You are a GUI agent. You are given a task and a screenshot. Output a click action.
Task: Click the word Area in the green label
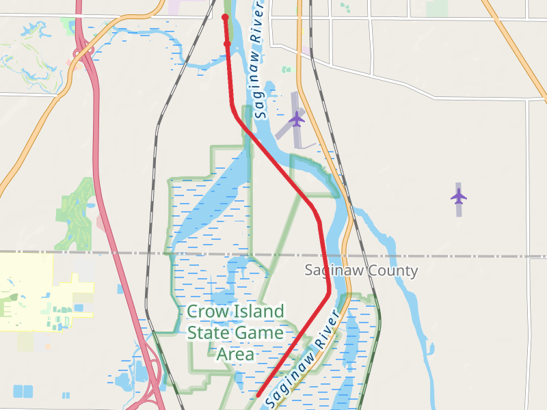coord(235,354)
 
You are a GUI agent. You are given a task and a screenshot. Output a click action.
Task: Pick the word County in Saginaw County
coord(392,271)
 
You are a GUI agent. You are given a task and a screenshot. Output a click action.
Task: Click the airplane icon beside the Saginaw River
coord(296,119)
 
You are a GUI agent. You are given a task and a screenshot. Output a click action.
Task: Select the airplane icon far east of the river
coord(459,196)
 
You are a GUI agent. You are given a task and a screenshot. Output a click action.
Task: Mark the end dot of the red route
coord(225,17)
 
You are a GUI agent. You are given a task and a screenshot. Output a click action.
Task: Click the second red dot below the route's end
coord(227,44)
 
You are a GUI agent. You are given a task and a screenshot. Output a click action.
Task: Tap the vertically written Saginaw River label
coord(258,61)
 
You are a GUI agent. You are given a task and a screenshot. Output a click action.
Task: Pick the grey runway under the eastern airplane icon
coord(459,208)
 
